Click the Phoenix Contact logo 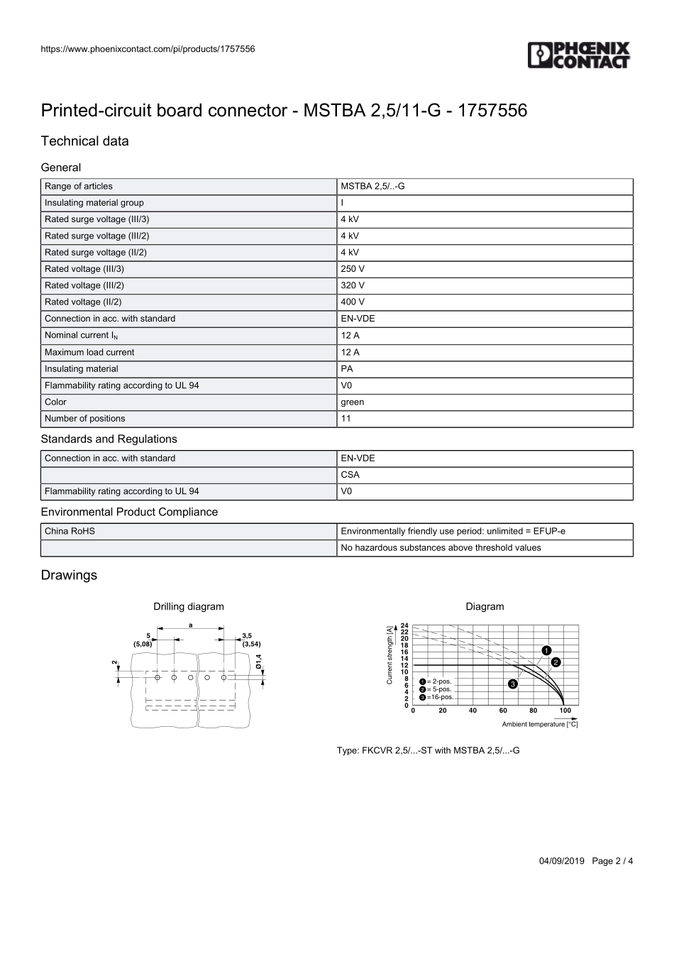(x=578, y=55)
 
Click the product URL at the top (x=148, y=49)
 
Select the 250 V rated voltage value (x=353, y=269)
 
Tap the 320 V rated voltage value (x=353, y=285)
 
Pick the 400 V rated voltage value (x=353, y=302)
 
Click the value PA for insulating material (x=347, y=369)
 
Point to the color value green (x=353, y=402)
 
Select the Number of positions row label (x=85, y=419)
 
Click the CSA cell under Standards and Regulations (x=350, y=475)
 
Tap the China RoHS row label (x=70, y=531)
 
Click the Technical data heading (x=85, y=141)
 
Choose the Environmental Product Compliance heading (x=129, y=512)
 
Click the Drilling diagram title (x=189, y=607)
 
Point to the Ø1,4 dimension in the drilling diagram (x=259, y=661)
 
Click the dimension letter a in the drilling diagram (x=191, y=625)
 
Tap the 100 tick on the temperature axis (x=565, y=711)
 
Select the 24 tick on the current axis (x=404, y=625)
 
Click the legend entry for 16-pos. (x=436, y=697)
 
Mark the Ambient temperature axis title (x=540, y=725)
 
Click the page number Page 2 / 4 (x=612, y=861)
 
